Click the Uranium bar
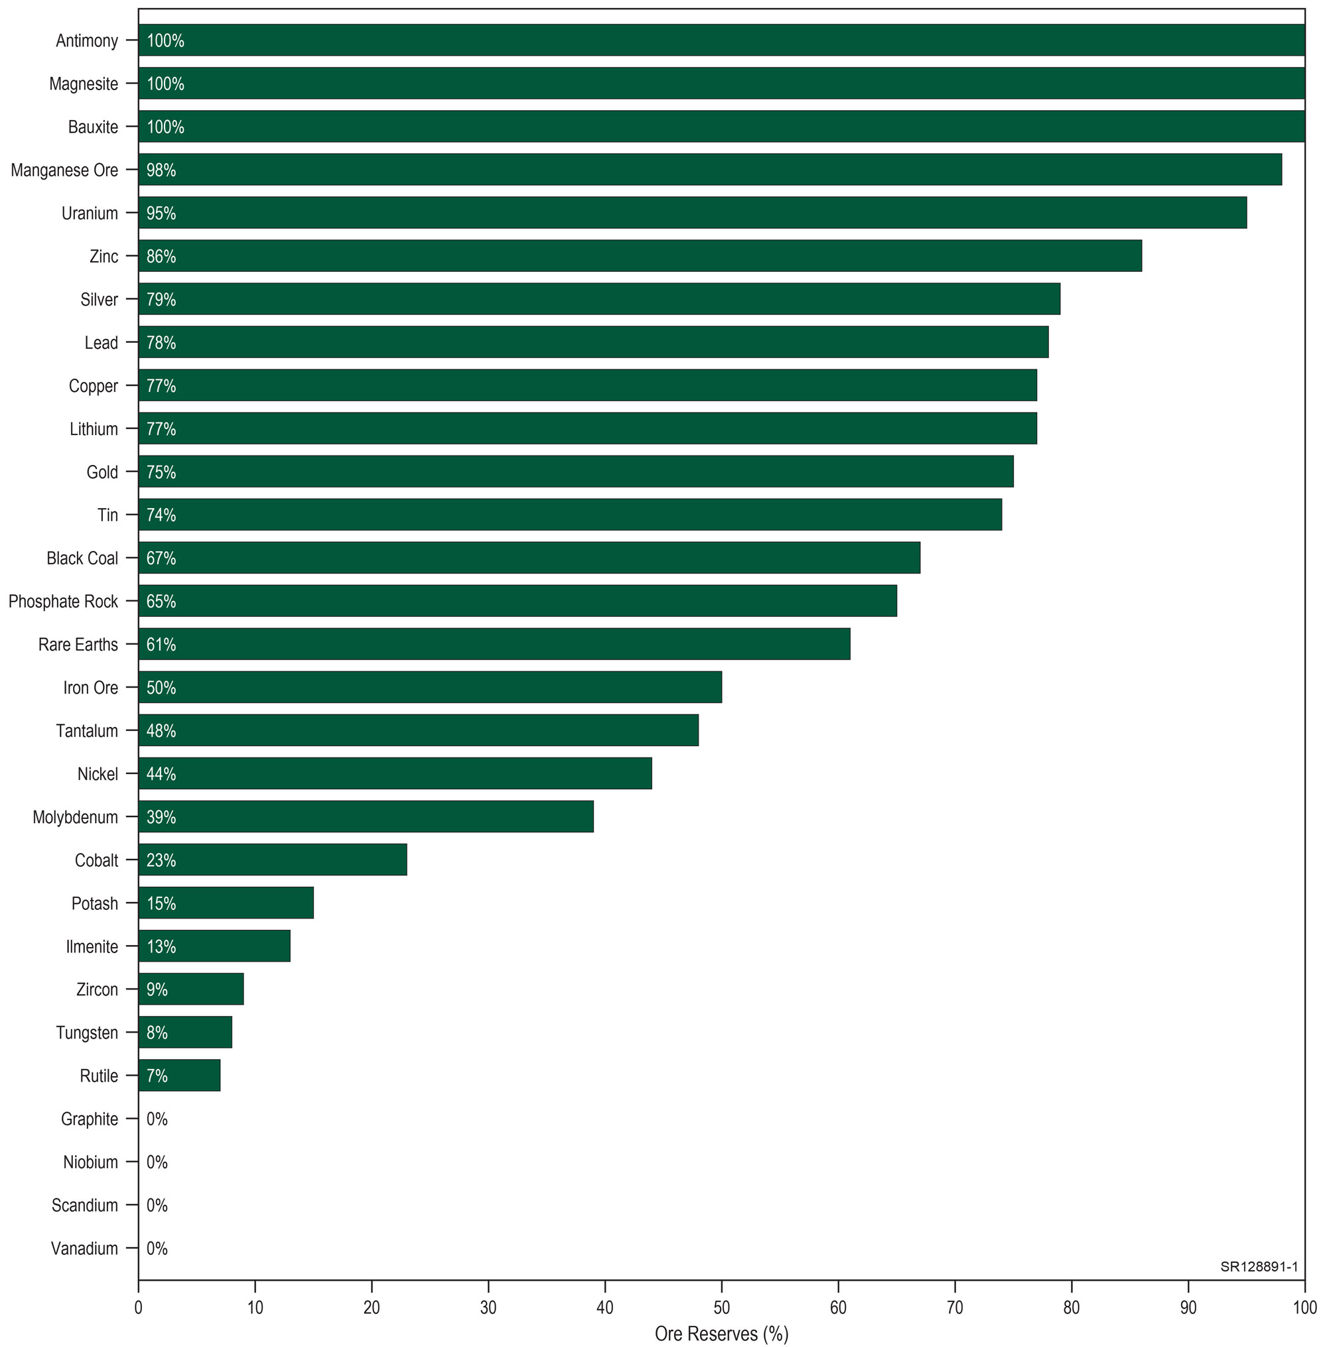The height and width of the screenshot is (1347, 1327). coord(692,212)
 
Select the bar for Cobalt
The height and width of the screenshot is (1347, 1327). coord(273,860)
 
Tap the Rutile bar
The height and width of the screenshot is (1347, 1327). coord(179,1075)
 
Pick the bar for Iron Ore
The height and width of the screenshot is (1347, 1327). coord(430,686)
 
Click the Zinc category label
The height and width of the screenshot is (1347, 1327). coord(104,256)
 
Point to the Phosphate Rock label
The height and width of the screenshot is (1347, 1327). coord(64,601)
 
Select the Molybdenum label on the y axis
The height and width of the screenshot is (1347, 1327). coord(75,817)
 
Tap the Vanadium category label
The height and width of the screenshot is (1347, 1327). coord(84,1248)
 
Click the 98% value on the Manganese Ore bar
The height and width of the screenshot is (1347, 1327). coord(161,170)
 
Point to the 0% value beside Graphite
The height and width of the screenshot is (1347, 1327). coord(157,1119)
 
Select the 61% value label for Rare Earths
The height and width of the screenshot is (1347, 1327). coord(161,644)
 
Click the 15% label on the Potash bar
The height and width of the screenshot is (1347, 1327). coord(161,903)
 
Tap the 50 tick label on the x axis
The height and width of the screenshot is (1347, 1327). coord(721,1307)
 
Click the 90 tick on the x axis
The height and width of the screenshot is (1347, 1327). coord(1188,1307)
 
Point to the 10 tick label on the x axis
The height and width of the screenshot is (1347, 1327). coord(255,1307)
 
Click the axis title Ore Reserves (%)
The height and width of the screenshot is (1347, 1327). coord(721,1334)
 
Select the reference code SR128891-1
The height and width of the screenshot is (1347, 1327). coord(1259,1267)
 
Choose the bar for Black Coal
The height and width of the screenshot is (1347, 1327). coord(529,557)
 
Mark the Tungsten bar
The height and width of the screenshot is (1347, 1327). coord(185,1032)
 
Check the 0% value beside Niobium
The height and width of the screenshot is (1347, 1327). coord(157,1162)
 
